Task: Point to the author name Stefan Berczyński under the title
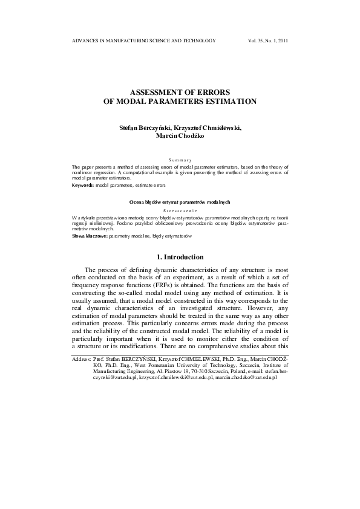(x=146, y=128)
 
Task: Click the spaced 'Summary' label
(x=180, y=159)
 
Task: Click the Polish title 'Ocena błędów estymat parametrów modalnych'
(x=180, y=202)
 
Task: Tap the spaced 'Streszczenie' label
(x=180, y=211)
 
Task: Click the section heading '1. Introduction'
(x=180, y=258)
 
